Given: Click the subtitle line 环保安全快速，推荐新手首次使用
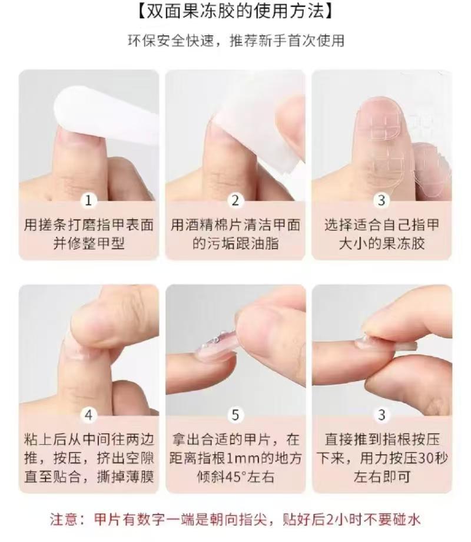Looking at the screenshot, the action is (x=235, y=41).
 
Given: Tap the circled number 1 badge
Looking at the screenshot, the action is (x=88, y=200).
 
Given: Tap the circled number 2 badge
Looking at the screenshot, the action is (x=235, y=200).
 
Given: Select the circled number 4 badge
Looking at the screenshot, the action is (x=88, y=414).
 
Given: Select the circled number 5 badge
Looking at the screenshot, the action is (x=235, y=414).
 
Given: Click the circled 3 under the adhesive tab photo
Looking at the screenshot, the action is (x=382, y=200).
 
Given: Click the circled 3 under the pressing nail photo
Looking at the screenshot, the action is (x=382, y=414).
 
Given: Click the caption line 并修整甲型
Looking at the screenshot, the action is (x=89, y=244).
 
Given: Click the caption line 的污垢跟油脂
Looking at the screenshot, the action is (x=235, y=244).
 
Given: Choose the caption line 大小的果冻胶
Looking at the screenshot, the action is (x=382, y=244).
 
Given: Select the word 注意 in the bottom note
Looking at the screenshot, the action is (x=65, y=520).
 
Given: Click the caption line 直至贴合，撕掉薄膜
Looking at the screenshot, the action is (x=89, y=477).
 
